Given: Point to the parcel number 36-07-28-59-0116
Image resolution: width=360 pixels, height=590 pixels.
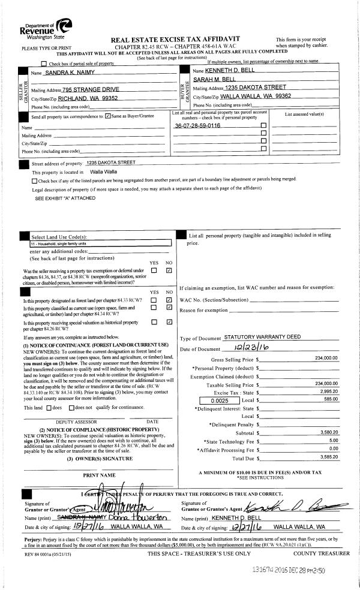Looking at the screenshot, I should [x=197, y=126].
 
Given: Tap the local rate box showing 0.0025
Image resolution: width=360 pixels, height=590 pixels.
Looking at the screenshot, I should [x=205, y=398].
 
